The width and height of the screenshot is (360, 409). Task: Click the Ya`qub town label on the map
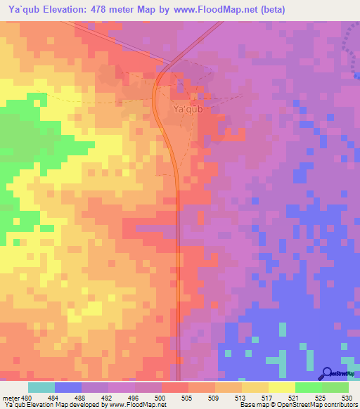188,110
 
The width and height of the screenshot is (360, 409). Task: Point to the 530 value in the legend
347,397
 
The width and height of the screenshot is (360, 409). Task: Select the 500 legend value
148,397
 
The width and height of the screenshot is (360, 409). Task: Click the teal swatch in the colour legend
41,387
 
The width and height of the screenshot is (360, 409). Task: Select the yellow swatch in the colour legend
281,387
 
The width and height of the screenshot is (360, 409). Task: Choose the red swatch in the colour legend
175,387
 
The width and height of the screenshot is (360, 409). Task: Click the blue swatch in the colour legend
68,387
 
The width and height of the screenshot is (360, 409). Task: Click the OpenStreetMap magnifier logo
328,373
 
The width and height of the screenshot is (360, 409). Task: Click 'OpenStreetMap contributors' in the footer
321,405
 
